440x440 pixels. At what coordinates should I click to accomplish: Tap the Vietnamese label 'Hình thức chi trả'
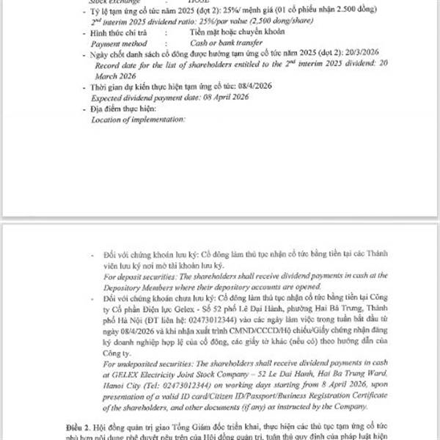pyautogui.click(x=122, y=33)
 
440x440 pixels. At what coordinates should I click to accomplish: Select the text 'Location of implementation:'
pyautogui.click(x=138, y=119)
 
